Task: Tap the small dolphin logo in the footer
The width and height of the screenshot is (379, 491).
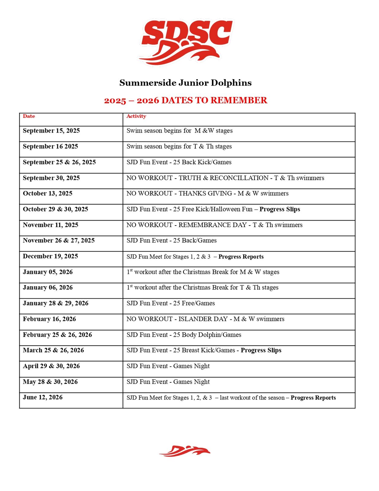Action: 185,451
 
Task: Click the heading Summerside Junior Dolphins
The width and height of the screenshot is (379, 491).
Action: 186,83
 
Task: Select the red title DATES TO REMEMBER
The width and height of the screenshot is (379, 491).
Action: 186,100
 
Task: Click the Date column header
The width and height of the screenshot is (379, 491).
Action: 29,116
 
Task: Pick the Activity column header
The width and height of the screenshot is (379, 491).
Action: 136,116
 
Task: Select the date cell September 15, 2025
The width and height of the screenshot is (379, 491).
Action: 51,131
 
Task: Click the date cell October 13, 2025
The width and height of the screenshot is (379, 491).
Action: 48,193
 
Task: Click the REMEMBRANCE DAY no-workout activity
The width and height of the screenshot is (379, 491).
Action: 214,225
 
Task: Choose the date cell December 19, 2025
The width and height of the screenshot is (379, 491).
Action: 50,256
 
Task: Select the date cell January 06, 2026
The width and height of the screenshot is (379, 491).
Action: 48,288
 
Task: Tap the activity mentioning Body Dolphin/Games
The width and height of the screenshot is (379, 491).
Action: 184,335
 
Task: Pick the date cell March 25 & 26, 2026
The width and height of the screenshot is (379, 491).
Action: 53,350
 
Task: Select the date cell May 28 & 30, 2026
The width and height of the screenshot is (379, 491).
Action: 50,382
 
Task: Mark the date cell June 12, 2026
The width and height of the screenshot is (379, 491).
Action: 43,397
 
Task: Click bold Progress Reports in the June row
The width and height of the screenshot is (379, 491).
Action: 313,398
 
